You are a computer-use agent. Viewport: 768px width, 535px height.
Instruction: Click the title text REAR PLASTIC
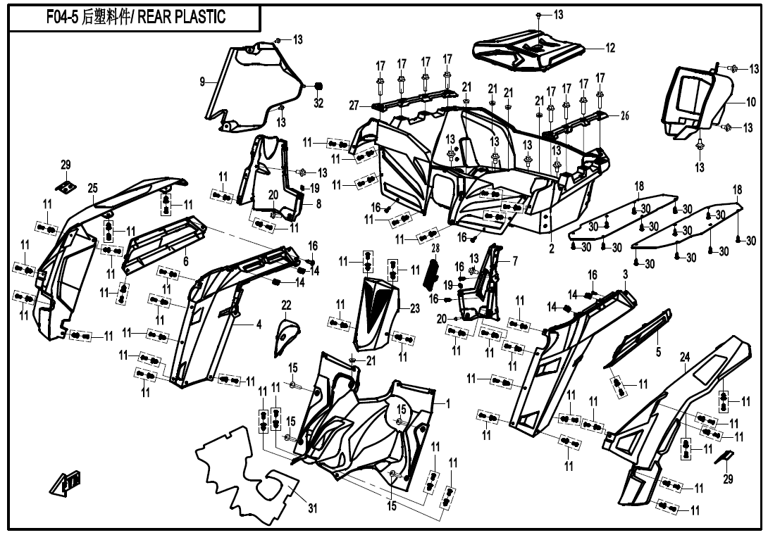[181, 17]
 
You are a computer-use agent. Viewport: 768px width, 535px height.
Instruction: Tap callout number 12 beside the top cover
[609, 48]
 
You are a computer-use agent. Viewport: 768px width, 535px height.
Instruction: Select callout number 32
[318, 103]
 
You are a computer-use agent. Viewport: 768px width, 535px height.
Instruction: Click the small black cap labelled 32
[318, 87]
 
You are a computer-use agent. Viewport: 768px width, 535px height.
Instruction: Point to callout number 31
[313, 508]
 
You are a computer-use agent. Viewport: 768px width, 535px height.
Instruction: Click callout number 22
[286, 306]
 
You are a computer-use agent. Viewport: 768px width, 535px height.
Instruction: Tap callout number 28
[435, 248]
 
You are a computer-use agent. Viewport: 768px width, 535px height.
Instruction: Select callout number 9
[202, 82]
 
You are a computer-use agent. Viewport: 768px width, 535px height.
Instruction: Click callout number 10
[751, 102]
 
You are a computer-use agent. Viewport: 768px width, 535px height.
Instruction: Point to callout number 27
[354, 105]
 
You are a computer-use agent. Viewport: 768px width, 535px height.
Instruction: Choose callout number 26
[624, 116]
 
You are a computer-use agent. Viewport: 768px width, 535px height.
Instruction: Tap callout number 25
[92, 188]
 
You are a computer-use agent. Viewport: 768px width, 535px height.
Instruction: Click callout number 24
[684, 358]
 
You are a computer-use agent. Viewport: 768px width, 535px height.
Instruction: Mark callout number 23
[415, 309]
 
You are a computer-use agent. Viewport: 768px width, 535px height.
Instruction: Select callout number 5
[658, 351]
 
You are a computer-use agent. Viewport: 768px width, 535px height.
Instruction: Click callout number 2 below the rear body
[552, 248]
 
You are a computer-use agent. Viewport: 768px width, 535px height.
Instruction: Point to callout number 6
[185, 261]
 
